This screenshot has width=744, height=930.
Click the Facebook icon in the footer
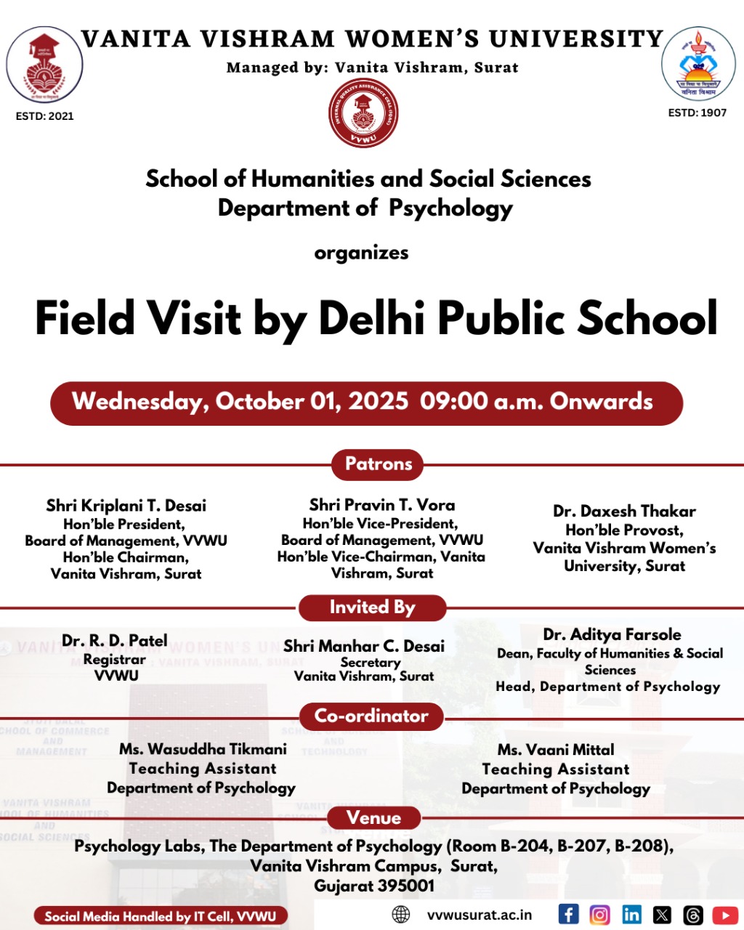pyautogui.click(x=568, y=914)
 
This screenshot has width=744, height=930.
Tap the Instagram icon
pyautogui.click(x=599, y=914)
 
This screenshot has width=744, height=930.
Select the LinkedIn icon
pyautogui.click(x=631, y=914)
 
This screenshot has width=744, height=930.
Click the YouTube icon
pyautogui.click(x=725, y=915)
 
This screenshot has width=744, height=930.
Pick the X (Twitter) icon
pyautogui.click(x=662, y=915)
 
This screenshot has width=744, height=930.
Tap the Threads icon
pyautogui.click(x=693, y=915)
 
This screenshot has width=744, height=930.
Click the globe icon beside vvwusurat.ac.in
pyautogui.click(x=401, y=915)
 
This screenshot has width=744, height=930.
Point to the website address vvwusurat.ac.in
pyautogui.click(x=480, y=915)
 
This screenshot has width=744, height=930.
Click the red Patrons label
pyautogui.click(x=378, y=464)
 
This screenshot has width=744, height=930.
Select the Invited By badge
pyautogui.click(x=372, y=607)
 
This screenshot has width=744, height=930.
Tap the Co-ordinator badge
pyautogui.click(x=371, y=716)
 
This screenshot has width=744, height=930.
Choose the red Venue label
pyautogui.click(x=373, y=818)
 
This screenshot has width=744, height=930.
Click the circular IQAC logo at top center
pyautogui.click(x=363, y=113)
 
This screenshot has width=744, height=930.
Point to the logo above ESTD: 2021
pyautogui.click(x=44, y=66)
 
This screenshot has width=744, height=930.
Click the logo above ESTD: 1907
pyautogui.click(x=698, y=64)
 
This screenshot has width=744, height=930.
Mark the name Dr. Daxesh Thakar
pyautogui.click(x=624, y=511)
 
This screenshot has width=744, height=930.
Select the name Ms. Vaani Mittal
pyautogui.click(x=556, y=750)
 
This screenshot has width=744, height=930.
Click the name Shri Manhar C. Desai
pyautogui.click(x=364, y=646)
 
